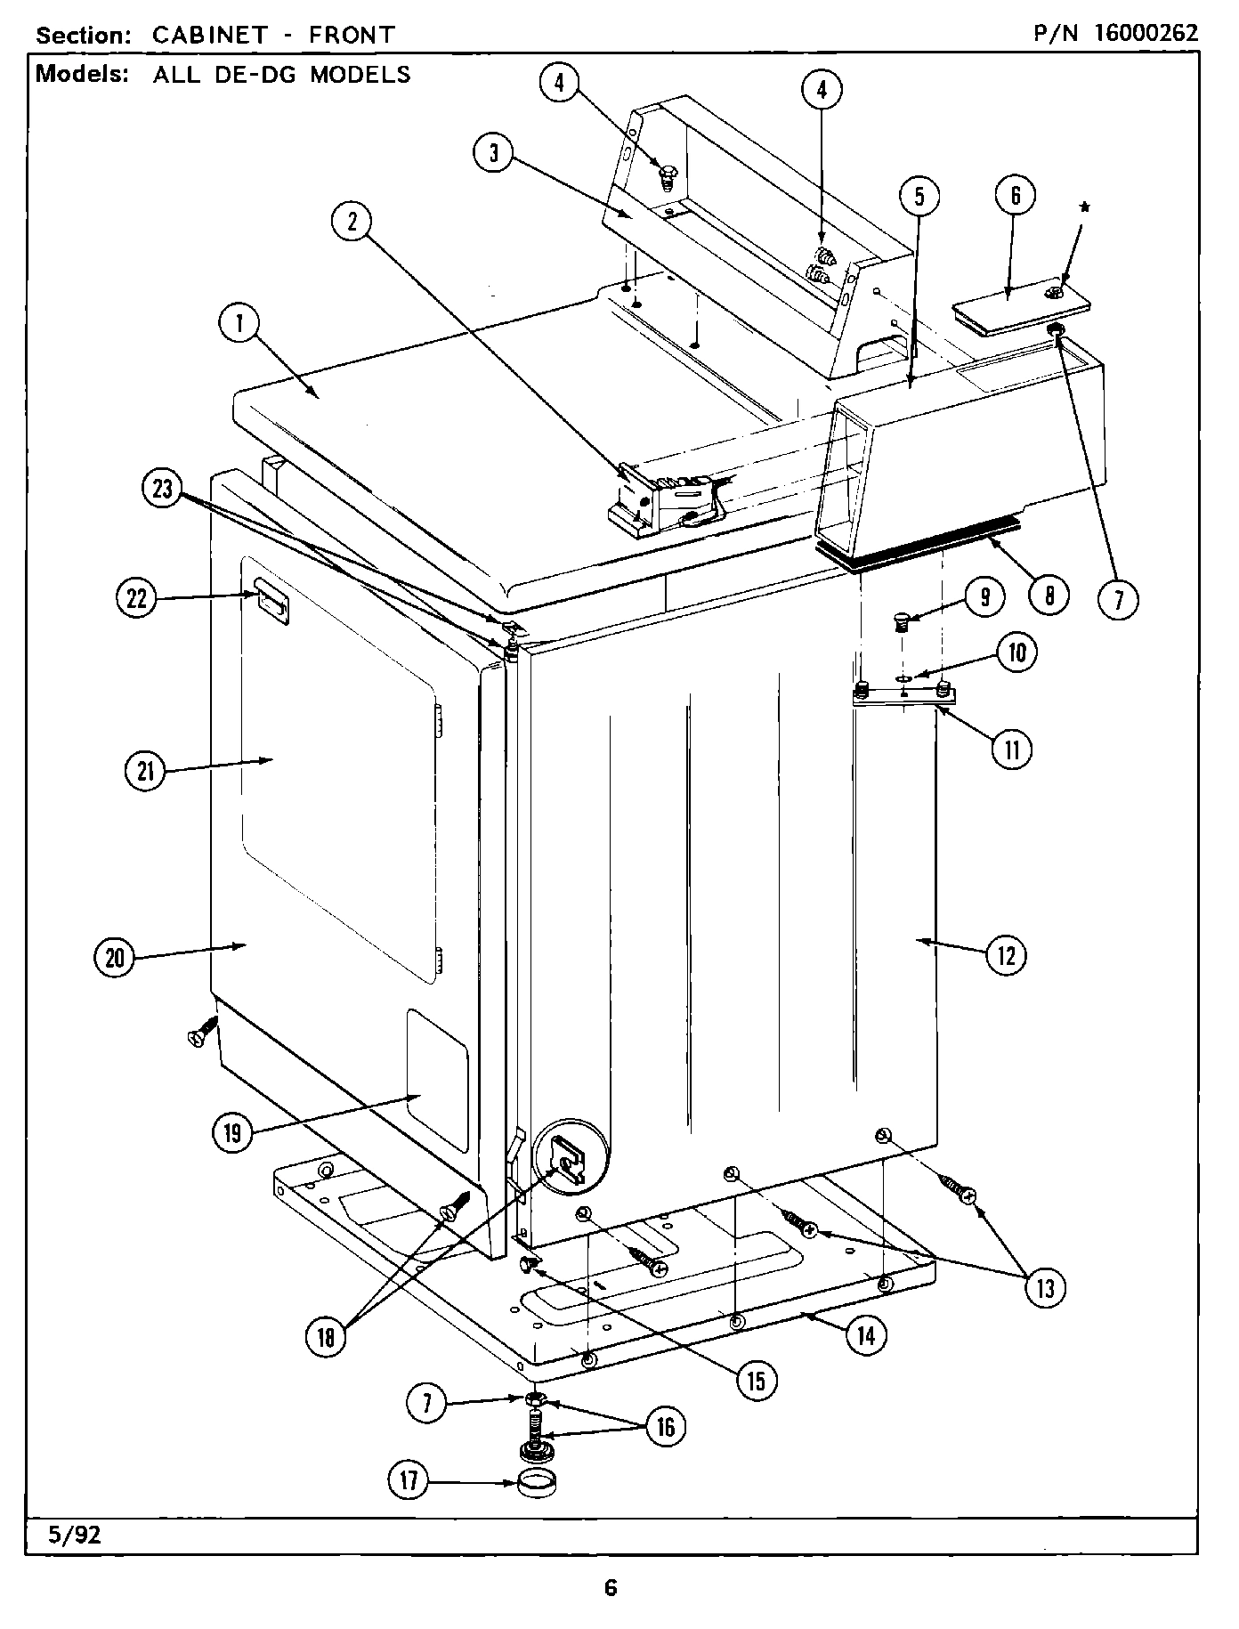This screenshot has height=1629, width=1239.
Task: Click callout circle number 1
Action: point(239,325)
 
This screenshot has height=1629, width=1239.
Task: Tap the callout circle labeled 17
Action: point(409,1481)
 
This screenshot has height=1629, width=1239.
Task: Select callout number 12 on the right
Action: point(1006,955)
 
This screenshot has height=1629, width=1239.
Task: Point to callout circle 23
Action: point(162,490)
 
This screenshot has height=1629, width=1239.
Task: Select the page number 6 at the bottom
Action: point(611,1587)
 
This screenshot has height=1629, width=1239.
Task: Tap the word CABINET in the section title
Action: point(210,35)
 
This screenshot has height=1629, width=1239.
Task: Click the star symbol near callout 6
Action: point(1084,207)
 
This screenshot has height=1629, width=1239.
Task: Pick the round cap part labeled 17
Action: point(537,1484)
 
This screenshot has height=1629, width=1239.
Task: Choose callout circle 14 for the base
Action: point(865,1335)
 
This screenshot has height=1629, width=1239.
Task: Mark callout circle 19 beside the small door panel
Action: point(232,1133)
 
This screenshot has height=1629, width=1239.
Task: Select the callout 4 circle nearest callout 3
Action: point(559,83)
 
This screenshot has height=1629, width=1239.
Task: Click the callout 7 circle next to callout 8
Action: point(1117,599)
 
